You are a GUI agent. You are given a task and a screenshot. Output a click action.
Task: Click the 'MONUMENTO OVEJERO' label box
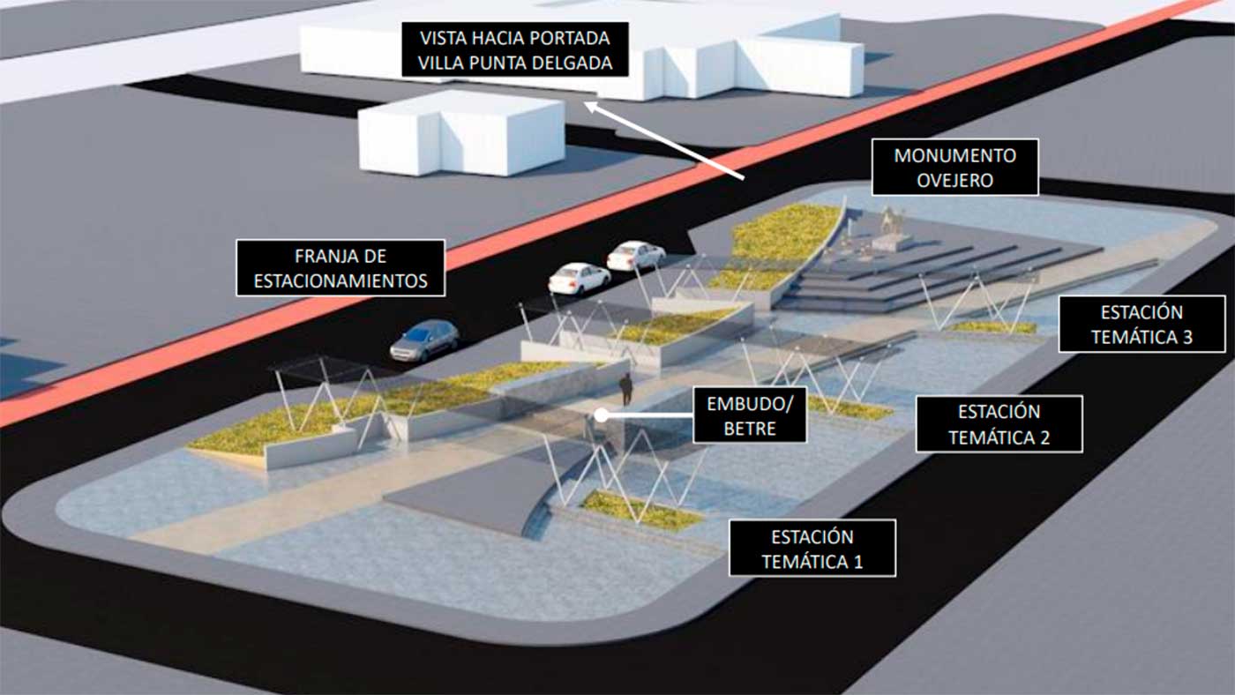click(x=954, y=168)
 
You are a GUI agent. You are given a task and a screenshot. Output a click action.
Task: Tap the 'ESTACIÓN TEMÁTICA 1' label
click(x=812, y=549)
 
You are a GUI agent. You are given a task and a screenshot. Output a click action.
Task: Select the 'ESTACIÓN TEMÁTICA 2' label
click(x=999, y=424)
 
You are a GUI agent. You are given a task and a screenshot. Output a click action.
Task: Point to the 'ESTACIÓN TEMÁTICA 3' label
click(x=1141, y=324)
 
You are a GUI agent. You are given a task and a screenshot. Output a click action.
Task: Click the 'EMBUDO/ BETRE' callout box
click(x=750, y=415)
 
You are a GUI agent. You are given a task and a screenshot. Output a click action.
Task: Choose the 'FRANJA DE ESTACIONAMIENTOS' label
click(x=341, y=268)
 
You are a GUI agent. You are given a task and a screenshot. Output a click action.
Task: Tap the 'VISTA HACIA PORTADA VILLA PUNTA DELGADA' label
click(x=515, y=49)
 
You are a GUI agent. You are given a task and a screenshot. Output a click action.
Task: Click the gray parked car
click(x=424, y=340)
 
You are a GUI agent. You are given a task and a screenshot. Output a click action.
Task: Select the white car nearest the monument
click(x=636, y=255)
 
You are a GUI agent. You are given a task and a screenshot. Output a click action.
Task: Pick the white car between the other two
click(x=580, y=279)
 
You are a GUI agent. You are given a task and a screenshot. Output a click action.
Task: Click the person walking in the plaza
click(x=625, y=389)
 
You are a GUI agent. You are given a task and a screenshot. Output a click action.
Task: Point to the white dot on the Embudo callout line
click(x=602, y=415)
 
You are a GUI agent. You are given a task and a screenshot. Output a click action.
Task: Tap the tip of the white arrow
click(x=584, y=102)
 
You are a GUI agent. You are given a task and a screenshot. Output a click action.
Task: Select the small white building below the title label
click(x=461, y=133)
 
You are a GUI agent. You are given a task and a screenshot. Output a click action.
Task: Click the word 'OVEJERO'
click(x=954, y=180)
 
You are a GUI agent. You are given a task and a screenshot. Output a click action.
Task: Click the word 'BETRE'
click(x=750, y=429)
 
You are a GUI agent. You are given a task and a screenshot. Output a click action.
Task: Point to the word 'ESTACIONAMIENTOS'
click(x=341, y=281)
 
